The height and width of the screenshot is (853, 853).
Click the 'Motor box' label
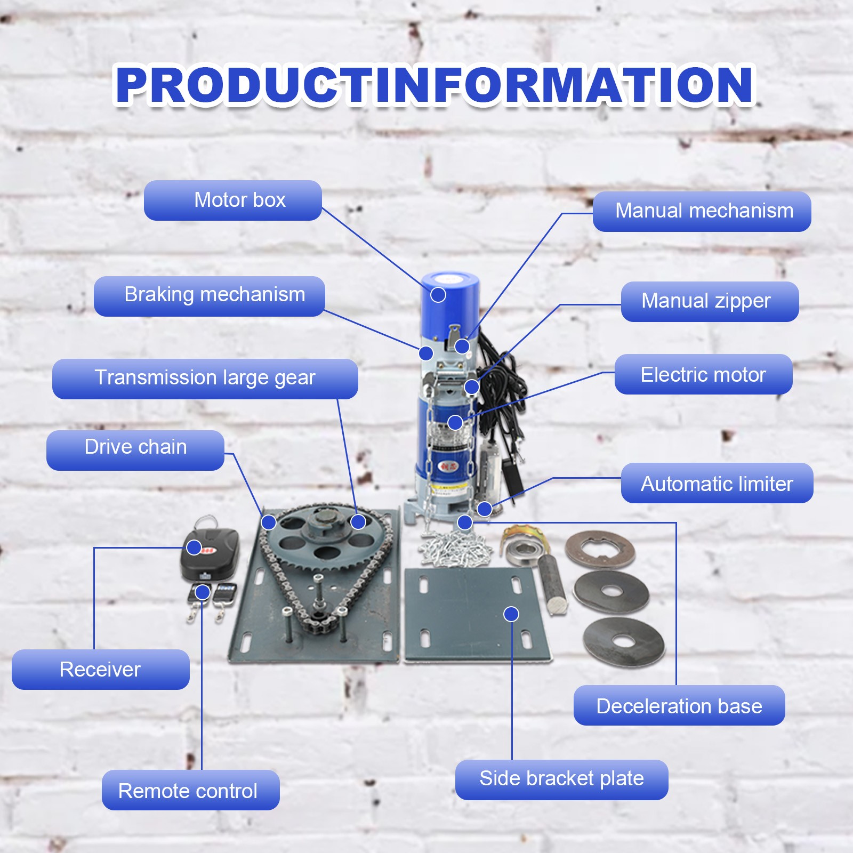233,200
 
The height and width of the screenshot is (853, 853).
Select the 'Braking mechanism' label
210,296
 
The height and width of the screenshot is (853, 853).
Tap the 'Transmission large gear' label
205,379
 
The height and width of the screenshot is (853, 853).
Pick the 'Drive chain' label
135,450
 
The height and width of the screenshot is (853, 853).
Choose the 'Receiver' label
101,669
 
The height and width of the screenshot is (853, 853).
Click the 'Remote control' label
191,790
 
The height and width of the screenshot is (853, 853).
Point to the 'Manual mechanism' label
702,212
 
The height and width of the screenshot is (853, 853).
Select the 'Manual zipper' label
710,302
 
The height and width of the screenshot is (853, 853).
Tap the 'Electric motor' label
704,374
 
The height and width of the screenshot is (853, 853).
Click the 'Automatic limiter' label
717,483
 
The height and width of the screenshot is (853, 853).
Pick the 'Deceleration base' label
679,705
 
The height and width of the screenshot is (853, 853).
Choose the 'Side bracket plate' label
562,779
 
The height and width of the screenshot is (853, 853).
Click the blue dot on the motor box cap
438,294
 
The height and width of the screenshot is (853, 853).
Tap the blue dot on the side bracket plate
511,614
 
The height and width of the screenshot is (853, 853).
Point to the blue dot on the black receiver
194,547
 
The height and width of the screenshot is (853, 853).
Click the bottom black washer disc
624,641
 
